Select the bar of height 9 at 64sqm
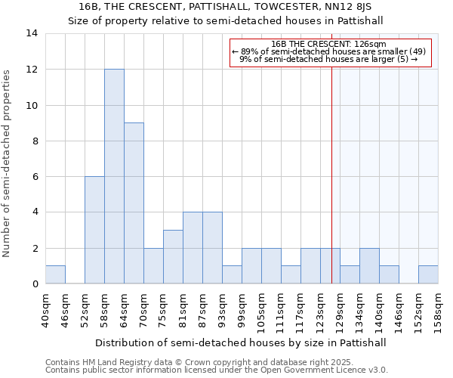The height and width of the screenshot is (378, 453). (134, 203)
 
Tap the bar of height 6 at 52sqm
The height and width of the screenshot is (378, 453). (94, 230)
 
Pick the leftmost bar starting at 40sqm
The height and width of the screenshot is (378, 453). (55, 275)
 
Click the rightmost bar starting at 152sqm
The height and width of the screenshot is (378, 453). (428, 275)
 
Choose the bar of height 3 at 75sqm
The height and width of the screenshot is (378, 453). (173, 257)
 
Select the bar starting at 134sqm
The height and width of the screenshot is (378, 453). (369, 266)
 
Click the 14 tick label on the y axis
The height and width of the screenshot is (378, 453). (32, 33)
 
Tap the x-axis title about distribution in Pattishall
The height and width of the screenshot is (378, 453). (241, 342)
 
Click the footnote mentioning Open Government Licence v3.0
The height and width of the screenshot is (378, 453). (217, 370)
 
